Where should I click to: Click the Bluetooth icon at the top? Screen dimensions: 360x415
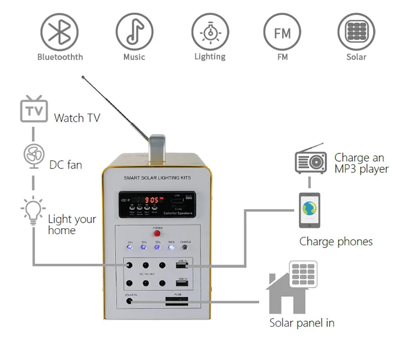click(x=60, y=32)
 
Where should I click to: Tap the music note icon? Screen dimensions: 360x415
click(x=134, y=32)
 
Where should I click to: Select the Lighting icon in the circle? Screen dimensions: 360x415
click(x=210, y=32)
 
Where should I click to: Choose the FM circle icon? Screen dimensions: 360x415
click(x=282, y=32)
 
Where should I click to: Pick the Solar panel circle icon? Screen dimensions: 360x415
click(x=356, y=32)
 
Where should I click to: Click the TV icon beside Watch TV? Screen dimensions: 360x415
click(x=33, y=110)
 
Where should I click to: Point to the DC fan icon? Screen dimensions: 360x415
click(x=33, y=157)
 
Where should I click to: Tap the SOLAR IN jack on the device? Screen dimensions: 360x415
click(x=130, y=301)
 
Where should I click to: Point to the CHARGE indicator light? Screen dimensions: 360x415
click(x=185, y=248)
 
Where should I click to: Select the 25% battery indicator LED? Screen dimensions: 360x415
click(x=130, y=248)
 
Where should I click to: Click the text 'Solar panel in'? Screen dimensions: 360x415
click(x=302, y=322)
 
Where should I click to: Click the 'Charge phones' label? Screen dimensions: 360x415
click(x=336, y=241)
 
